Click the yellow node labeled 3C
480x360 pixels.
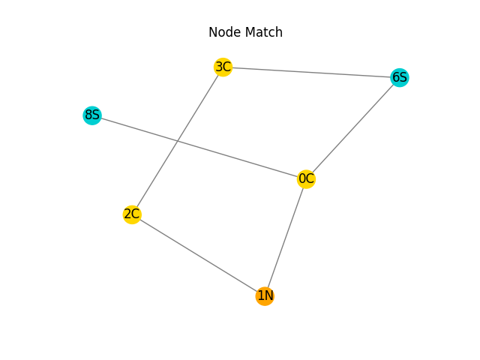pyautogui.click(x=223, y=67)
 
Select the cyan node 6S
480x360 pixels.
pyautogui.click(x=400, y=77)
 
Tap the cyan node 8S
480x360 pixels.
pyautogui.click(x=91, y=115)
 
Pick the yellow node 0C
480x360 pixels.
pyautogui.click(x=306, y=179)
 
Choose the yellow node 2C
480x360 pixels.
pyautogui.click(x=132, y=214)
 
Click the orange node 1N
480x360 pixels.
pyautogui.click(x=265, y=296)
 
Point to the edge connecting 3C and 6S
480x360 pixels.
pyautogui.click(x=311, y=73)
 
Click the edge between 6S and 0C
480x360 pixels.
pyautogui.click(x=352, y=128)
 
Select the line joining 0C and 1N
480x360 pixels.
pyautogui.click(x=286, y=238)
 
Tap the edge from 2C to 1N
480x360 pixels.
pyautogui.click(x=198, y=255)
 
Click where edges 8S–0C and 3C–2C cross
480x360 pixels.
pyautogui.click(x=177, y=141)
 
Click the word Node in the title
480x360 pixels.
pyautogui.click(x=223, y=32)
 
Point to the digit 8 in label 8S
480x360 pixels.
pyautogui.click(x=88, y=115)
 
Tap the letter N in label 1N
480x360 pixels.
pyautogui.click(x=268, y=296)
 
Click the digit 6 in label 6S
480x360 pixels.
pyautogui.click(x=396, y=77)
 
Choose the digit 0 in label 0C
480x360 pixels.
pyautogui.click(x=302, y=179)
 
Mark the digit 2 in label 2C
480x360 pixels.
pyautogui.click(x=128, y=214)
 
